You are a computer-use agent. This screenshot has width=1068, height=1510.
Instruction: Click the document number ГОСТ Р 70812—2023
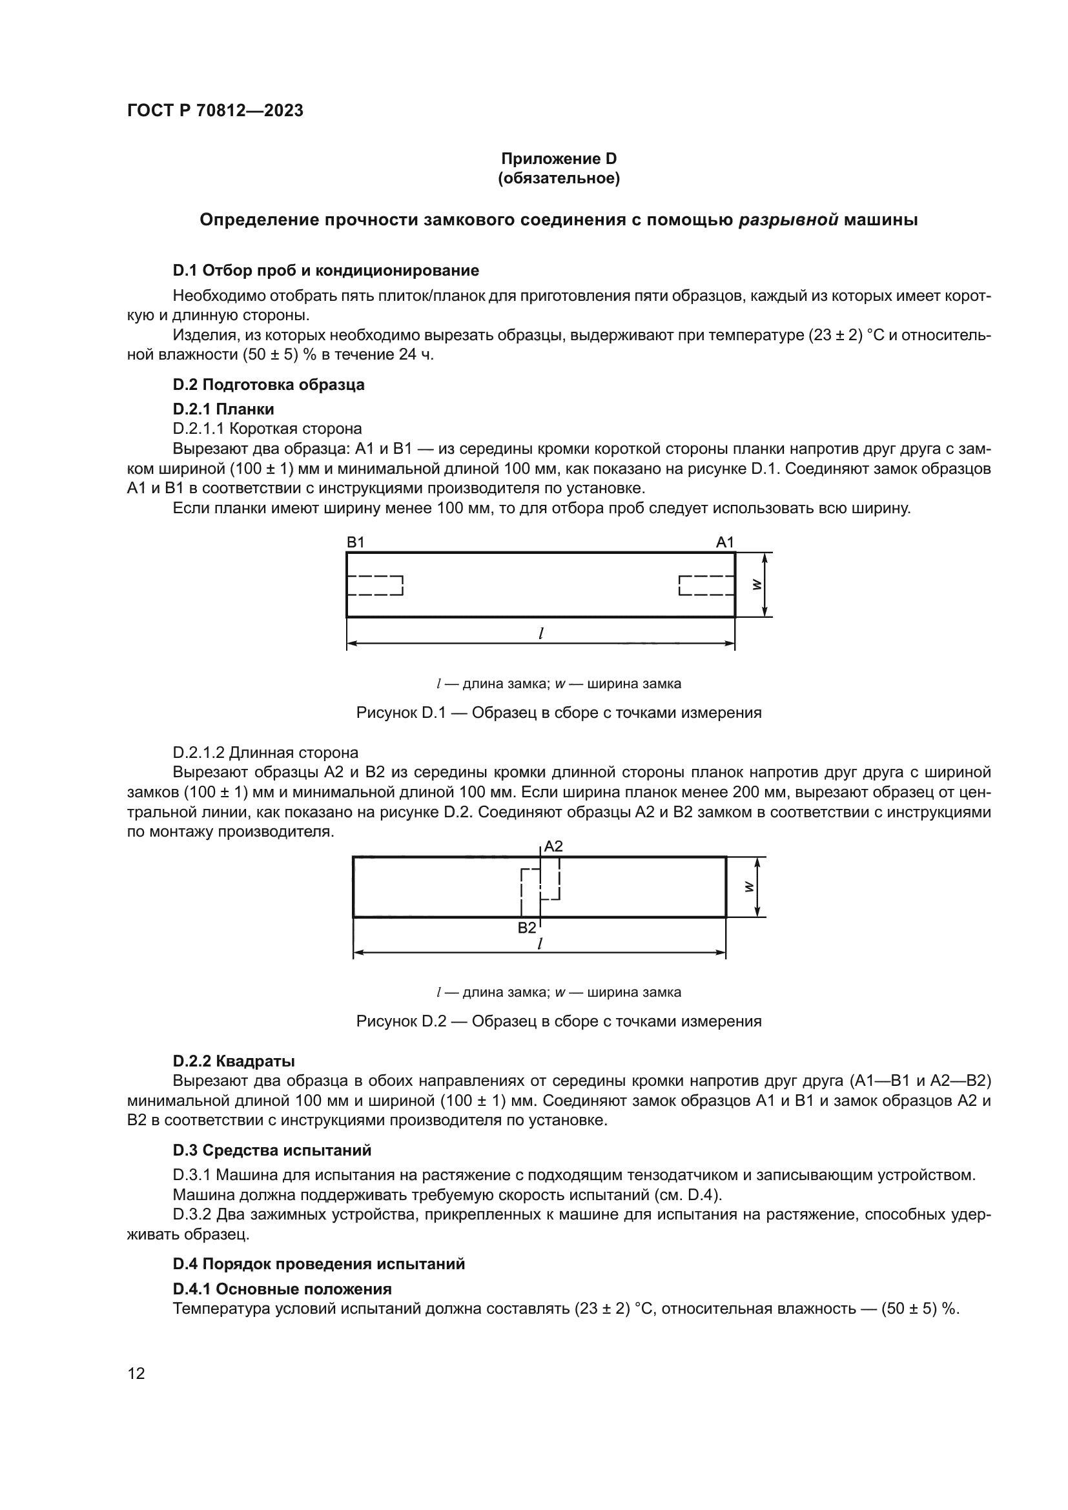tap(215, 110)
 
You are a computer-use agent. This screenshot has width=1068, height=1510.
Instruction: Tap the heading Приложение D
tap(559, 159)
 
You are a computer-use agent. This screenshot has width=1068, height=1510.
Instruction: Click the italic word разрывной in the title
tap(788, 219)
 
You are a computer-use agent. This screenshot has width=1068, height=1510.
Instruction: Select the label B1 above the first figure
tap(355, 542)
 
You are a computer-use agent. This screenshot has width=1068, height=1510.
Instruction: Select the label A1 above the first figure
tap(724, 542)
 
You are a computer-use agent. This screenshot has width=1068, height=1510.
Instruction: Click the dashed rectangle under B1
tap(375, 586)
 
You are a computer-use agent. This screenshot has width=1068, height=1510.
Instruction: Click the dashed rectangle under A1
tap(707, 586)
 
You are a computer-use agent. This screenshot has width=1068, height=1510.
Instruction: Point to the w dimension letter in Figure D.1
tap(756, 584)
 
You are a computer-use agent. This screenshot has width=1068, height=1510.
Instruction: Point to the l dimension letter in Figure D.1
tap(540, 633)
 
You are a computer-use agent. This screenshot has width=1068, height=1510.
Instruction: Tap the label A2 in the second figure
tap(554, 846)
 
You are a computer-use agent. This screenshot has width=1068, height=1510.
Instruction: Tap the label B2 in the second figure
tap(527, 928)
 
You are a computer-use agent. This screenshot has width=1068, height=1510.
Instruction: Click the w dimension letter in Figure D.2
tap(748, 886)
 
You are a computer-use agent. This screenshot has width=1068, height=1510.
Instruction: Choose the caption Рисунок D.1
tap(559, 713)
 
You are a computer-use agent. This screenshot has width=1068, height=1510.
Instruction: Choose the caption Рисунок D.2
tap(559, 1021)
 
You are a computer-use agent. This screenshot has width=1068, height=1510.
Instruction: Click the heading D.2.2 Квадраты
tap(234, 1061)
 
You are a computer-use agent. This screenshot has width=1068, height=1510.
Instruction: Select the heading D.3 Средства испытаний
tap(272, 1150)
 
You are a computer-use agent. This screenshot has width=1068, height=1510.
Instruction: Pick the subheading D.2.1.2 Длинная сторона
tap(265, 752)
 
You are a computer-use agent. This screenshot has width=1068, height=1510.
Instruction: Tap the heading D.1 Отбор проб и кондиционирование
tap(325, 270)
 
